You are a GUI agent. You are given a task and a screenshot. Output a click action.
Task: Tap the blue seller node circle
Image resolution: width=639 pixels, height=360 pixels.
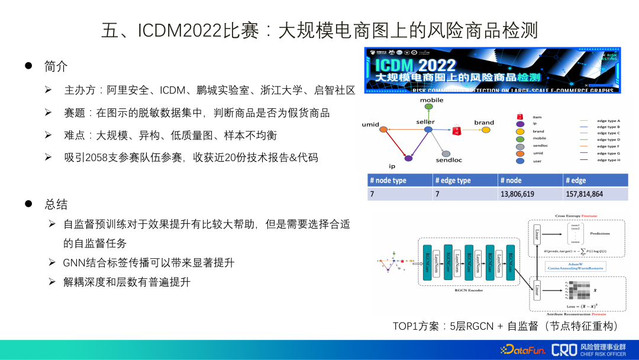pos(428,129)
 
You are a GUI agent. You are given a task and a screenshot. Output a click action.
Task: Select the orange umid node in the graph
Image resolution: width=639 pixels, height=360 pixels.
pos(383,130)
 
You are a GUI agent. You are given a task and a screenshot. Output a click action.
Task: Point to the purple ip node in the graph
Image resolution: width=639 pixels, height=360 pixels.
pos(408,158)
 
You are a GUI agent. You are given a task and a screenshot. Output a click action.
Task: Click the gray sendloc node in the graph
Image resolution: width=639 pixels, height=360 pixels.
pos(446,153)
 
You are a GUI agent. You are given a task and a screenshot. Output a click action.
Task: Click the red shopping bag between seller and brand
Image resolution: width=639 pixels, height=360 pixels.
pos(456,128)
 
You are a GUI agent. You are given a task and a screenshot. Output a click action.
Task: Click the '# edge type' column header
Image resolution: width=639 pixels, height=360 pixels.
pos(453,181)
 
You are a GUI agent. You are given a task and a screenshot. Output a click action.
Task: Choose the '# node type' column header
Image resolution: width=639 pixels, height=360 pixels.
pos(388,181)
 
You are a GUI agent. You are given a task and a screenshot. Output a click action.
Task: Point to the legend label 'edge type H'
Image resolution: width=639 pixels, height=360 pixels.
pos(608,160)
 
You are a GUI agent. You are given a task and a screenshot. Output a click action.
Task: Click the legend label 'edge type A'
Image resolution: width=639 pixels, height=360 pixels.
pos(608,120)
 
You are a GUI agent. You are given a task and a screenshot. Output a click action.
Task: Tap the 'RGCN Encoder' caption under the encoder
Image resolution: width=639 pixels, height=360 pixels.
pos(469,291)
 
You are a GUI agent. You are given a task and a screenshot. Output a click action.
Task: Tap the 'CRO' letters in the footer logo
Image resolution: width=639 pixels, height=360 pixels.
pos(563,349)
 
